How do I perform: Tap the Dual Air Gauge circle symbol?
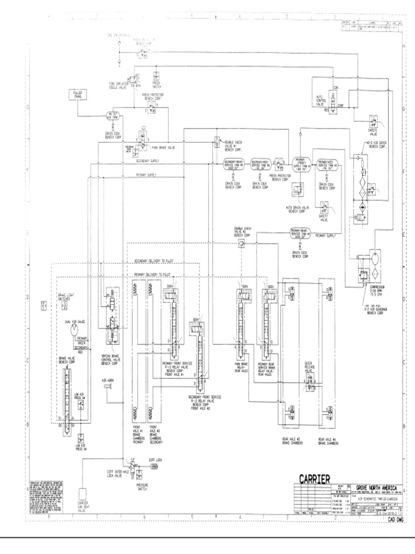[74, 332]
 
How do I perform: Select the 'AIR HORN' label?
[108, 380]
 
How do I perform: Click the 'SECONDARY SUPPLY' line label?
[148, 161]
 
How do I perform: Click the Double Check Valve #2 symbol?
[241, 244]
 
